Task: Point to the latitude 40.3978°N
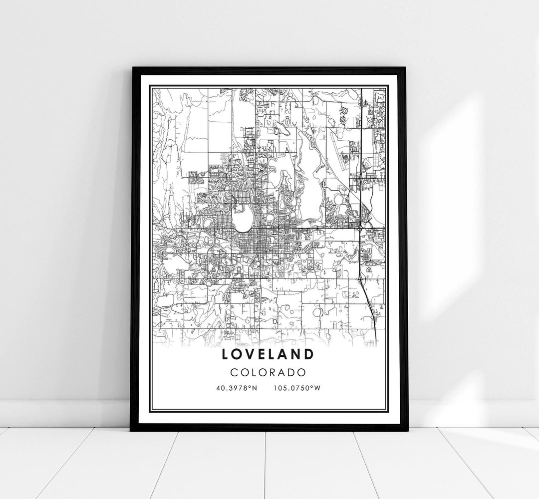237,387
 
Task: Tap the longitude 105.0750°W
296,387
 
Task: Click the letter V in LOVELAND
246,354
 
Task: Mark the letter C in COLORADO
235,372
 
